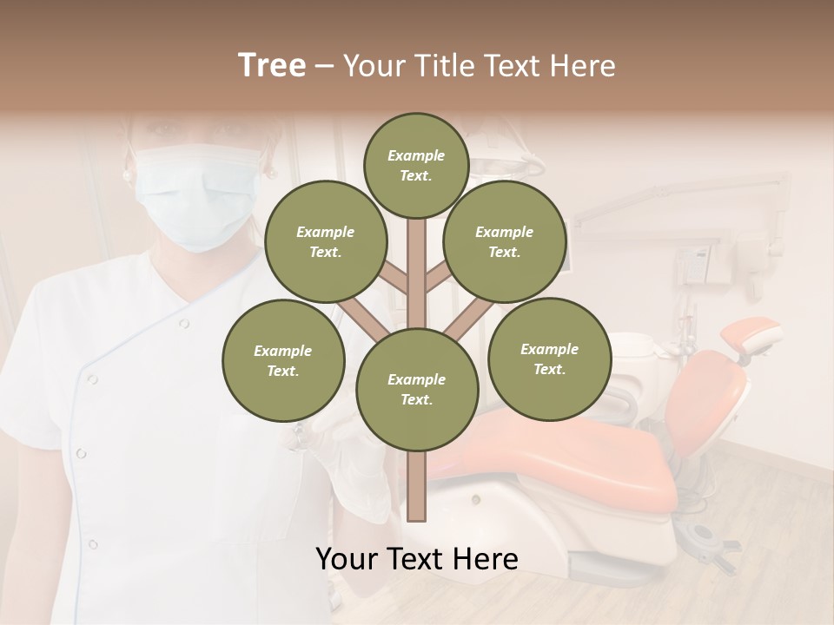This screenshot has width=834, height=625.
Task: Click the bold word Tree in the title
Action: [272, 65]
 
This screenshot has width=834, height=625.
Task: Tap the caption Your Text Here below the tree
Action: [416, 559]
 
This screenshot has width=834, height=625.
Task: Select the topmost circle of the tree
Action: [416, 165]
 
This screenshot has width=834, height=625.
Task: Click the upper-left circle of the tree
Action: [325, 241]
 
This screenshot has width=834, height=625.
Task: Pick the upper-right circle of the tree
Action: [504, 241]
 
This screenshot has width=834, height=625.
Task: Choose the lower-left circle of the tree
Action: [282, 360]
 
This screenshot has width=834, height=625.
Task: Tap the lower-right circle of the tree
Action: [549, 359]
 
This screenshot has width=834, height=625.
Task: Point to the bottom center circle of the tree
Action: [417, 389]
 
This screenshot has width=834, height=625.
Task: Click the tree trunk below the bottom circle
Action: [417, 486]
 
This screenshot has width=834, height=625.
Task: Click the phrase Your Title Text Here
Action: [480, 65]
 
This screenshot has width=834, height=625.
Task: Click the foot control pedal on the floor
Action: [708, 535]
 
